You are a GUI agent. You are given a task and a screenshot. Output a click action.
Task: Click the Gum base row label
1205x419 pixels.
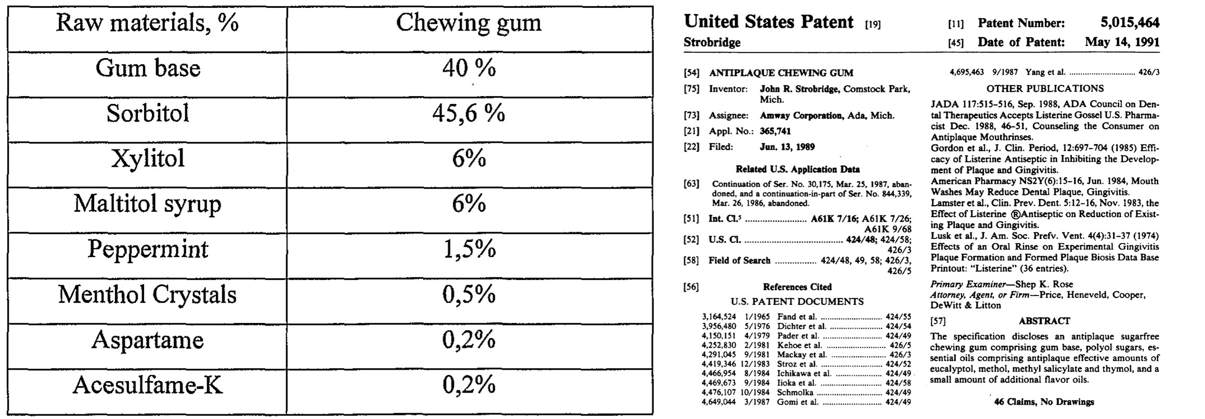pos(148,68)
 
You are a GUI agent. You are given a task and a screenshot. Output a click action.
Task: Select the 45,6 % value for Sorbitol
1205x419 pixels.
pos(468,113)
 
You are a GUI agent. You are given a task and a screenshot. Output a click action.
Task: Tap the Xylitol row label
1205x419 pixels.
pos(148,158)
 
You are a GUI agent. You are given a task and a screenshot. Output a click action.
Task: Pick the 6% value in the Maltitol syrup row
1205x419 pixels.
pos(468,204)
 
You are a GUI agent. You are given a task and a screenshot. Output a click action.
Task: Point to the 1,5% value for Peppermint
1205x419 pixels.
pos(468,250)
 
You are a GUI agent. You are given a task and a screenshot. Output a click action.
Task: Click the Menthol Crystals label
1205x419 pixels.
pos(147,295)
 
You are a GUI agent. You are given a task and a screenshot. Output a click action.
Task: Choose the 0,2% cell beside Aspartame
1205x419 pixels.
pos(468,340)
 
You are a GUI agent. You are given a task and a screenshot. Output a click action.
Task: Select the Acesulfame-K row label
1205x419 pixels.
pos(148,385)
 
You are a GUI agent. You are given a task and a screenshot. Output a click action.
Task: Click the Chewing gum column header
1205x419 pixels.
pos(468,23)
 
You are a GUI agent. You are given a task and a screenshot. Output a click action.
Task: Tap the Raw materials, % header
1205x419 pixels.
pos(147,23)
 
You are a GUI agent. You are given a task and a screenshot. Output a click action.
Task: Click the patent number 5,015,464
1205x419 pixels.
pos(1129,23)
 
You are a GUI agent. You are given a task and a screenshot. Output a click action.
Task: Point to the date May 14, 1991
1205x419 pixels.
pos(1122,42)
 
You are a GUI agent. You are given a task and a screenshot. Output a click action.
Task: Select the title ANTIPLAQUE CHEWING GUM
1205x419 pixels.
pos(781,73)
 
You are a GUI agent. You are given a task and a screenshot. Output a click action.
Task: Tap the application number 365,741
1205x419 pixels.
pos(775,131)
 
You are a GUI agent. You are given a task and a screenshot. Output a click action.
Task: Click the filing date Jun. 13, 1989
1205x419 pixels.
pos(787,147)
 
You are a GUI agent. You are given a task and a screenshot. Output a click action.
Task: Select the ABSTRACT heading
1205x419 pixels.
pos(1044,321)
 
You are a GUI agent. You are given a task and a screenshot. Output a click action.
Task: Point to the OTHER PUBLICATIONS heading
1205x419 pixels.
pos(1045,89)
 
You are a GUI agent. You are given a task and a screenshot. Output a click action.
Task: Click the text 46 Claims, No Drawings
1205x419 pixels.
pos(1044,402)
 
